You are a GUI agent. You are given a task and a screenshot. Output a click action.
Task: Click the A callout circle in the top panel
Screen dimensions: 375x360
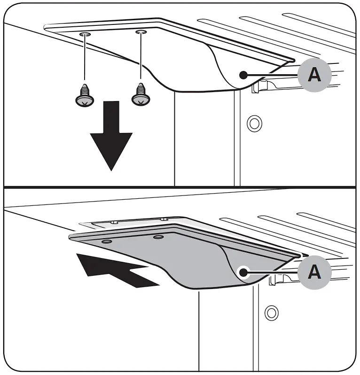[314, 74]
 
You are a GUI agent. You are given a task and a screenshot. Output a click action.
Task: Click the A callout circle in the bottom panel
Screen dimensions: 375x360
[314, 272]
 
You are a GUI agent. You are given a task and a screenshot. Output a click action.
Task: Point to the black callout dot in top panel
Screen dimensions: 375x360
[243, 74]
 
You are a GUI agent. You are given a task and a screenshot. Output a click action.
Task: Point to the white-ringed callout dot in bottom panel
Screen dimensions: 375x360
[243, 272]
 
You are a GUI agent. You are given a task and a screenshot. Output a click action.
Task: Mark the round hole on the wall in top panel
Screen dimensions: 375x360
[254, 123]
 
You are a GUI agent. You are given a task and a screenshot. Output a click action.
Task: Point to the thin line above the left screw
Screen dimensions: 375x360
[85, 59]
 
